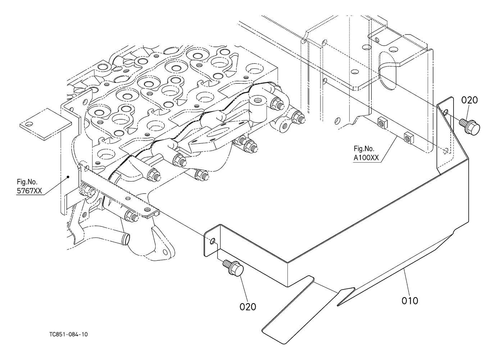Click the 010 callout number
(x=410, y=300)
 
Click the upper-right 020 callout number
(x=469, y=100)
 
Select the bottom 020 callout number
(x=248, y=306)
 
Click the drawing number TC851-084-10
(x=69, y=334)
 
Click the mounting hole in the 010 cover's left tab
(x=213, y=240)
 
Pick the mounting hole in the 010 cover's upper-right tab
(x=446, y=113)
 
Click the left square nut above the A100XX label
(x=382, y=123)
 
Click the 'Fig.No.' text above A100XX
(x=364, y=148)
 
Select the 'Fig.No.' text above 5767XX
(x=27, y=182)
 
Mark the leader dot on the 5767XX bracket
(x=68, y=177)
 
